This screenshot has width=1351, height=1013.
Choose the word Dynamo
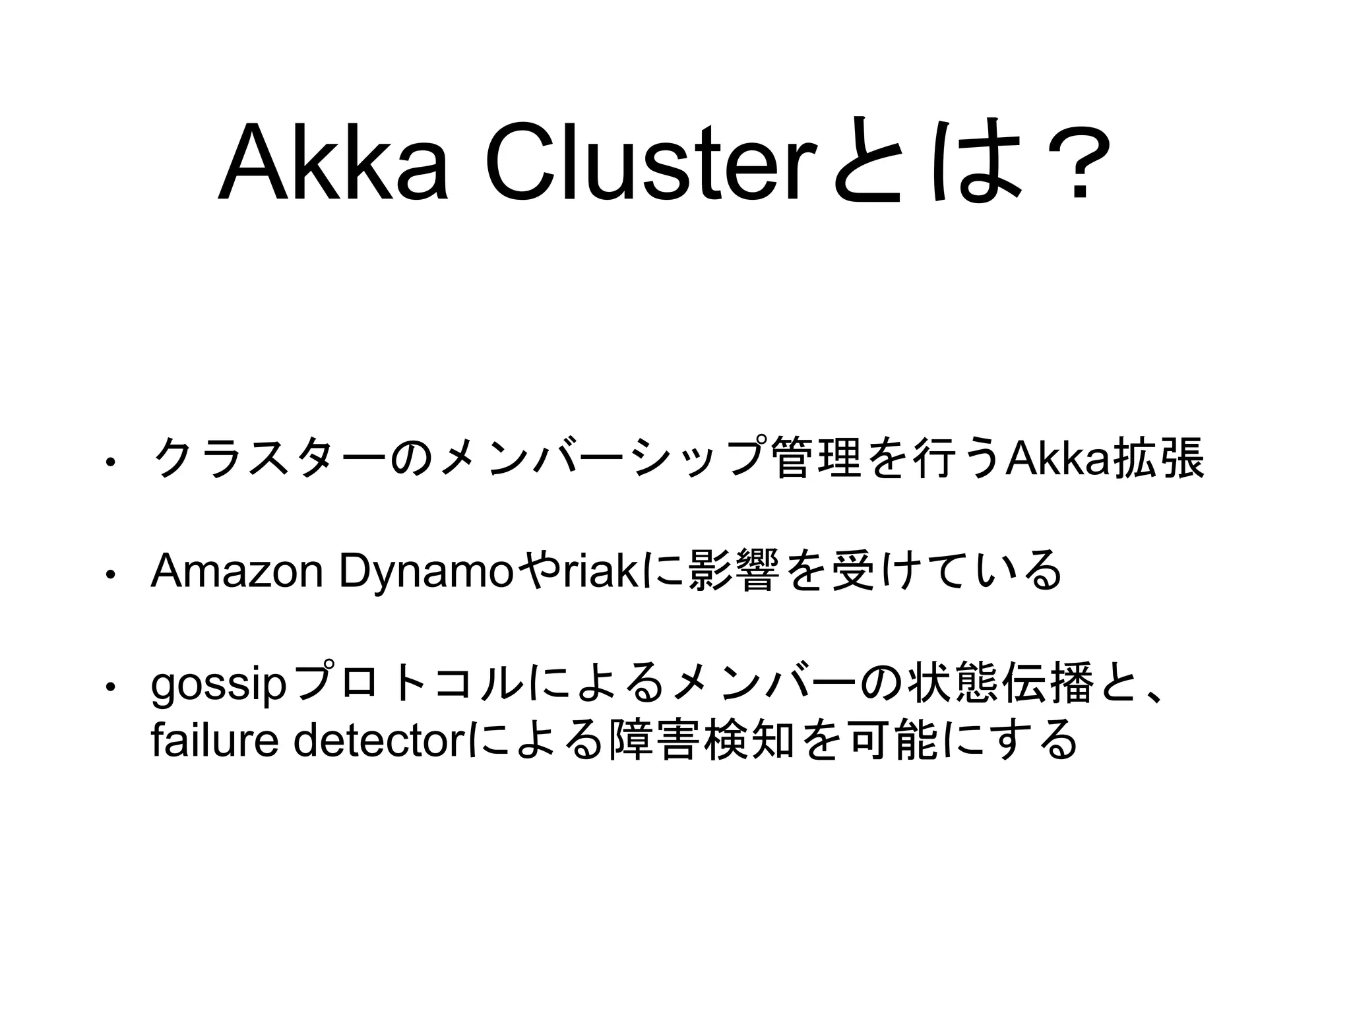[425, 572]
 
